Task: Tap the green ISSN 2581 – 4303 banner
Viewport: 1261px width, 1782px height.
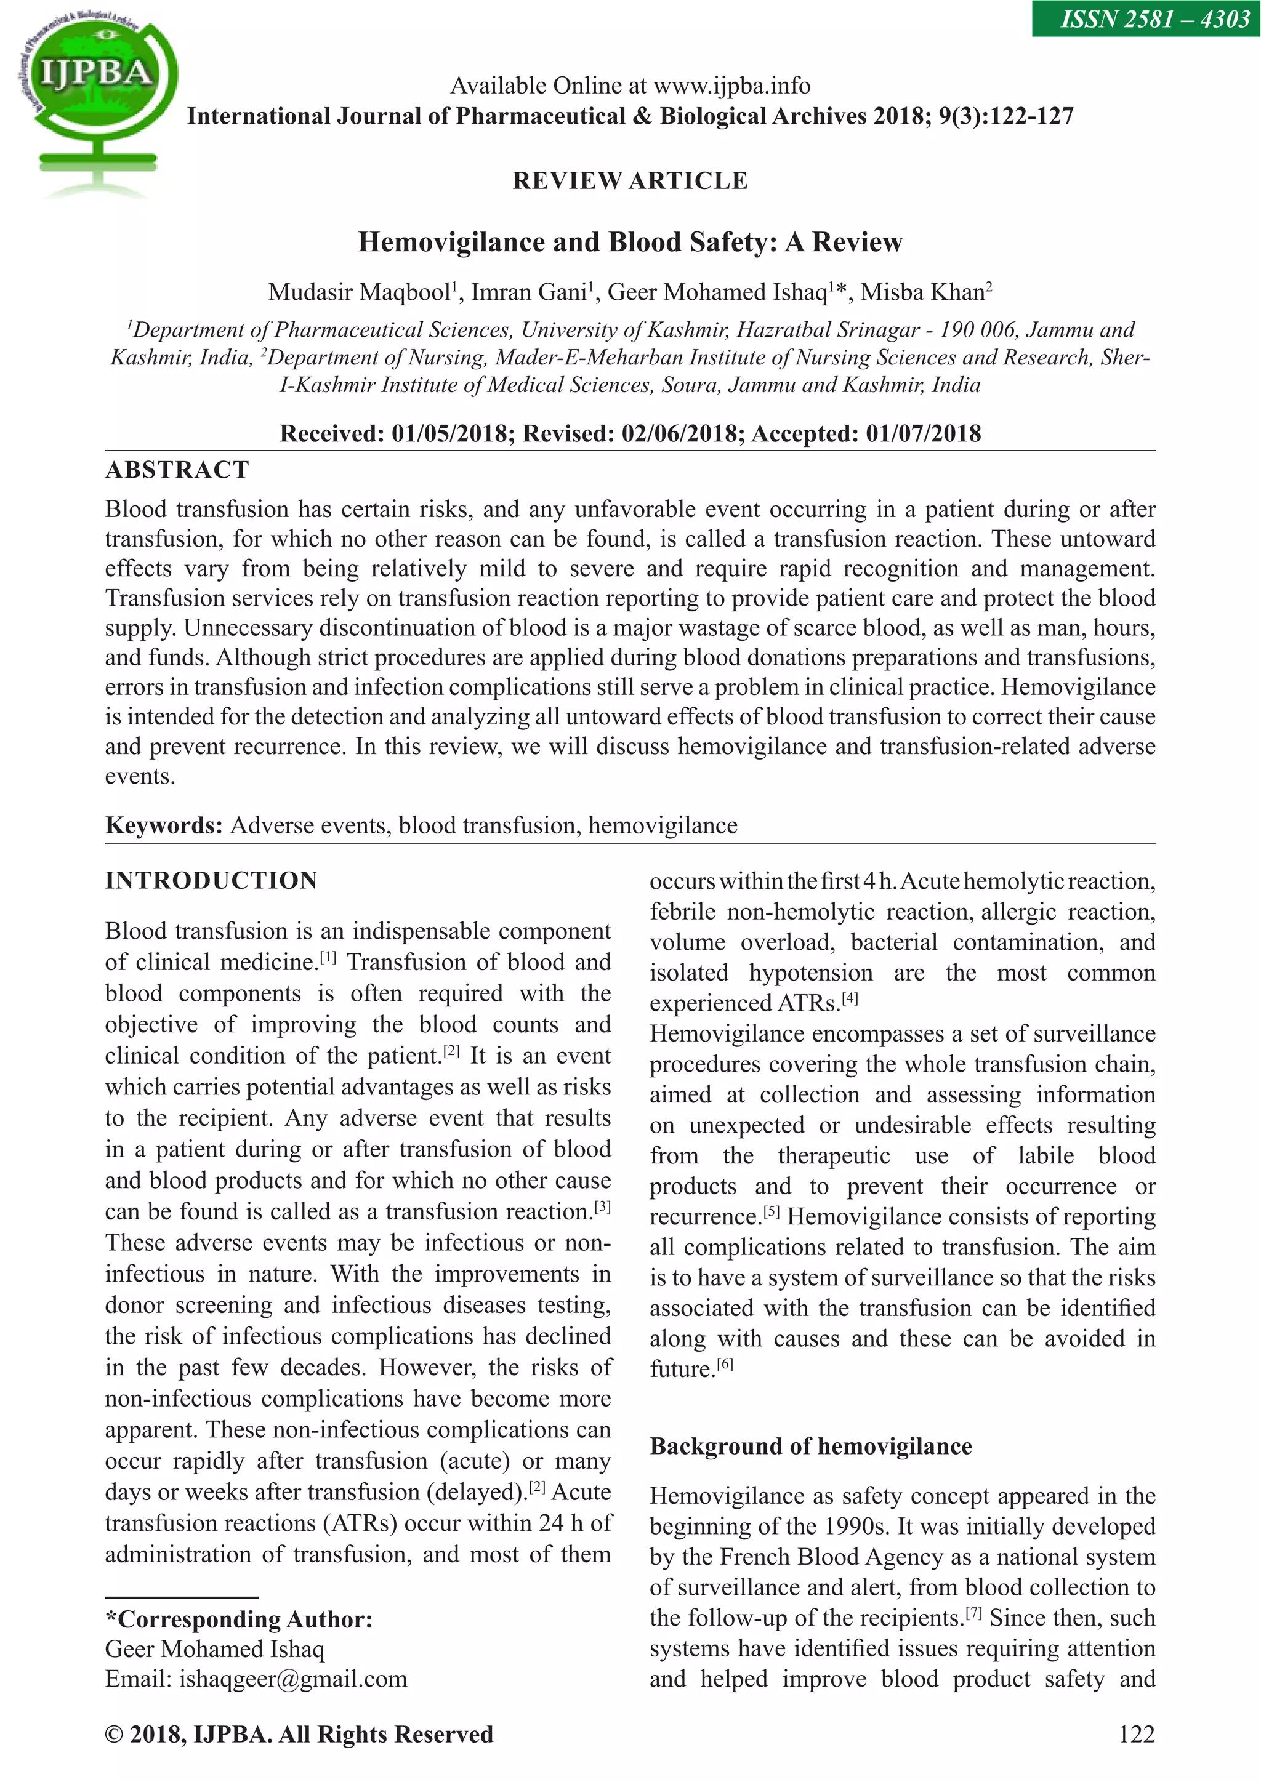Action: pos(1146,18)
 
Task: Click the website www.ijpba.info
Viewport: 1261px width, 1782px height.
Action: pos(732,86)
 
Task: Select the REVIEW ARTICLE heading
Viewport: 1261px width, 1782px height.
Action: pos(630,181)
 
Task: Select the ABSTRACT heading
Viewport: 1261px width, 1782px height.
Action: pos(177,470)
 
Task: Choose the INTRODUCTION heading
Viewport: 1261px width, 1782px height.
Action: pos(211,881)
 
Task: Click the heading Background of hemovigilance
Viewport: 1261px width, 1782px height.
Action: pos(811,1446)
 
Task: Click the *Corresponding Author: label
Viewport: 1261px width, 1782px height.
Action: pos(239,1619)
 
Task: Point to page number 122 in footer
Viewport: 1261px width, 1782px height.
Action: pos(1137,1734)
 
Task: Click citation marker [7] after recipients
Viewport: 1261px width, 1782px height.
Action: pos(973,1613)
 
